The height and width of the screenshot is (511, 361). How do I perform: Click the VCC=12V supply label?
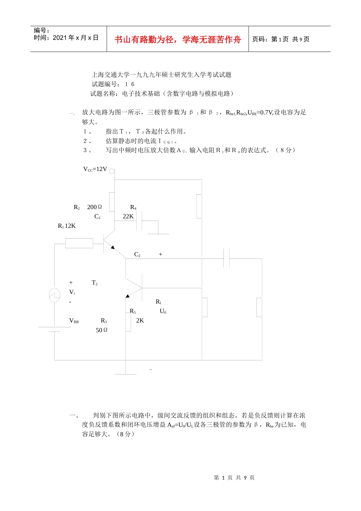[95, 169]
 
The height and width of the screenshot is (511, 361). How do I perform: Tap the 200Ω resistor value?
[94, 207]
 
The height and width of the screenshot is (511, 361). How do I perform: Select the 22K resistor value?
[128, 216]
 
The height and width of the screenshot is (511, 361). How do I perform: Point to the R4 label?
[133, 207]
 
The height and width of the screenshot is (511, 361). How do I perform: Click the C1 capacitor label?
[98, 217]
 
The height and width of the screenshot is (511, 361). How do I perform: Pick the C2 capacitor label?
[137, 254]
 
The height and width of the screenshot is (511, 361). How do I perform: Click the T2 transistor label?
[95, 283]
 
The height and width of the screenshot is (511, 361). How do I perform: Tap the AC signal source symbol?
[55, 295]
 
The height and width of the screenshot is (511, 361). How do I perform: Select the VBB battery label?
[74, 321]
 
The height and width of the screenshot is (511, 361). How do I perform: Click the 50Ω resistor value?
[101, 330]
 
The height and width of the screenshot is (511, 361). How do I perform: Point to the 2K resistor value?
[140, 321]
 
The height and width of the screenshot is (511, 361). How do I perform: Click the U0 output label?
[163, 311]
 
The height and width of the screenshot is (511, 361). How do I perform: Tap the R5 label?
[133, 311]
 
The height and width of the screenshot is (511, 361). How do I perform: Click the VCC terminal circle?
[112, 171]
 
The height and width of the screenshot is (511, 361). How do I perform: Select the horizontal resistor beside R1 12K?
[79, 243]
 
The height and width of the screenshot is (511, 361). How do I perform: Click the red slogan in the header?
[178, 40]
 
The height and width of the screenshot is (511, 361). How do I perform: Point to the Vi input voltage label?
[72, 292]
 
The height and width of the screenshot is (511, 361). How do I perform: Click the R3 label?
[104, 321]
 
